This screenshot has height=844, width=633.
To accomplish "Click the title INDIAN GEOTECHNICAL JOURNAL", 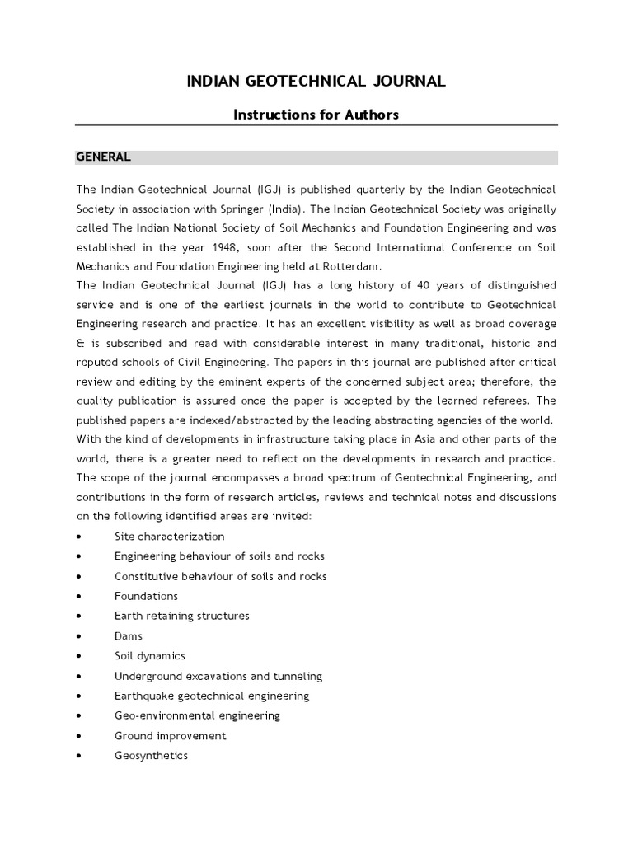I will [316, 81].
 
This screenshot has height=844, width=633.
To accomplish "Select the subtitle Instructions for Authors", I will [316, 115].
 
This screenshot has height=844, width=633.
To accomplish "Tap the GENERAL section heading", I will [103, 157].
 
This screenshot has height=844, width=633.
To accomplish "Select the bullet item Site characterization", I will [169, 537].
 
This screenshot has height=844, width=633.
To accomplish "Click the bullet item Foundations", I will [146, 596].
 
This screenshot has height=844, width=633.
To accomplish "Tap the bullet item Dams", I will [129, 636].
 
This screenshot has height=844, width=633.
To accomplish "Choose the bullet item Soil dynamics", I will [150, 656].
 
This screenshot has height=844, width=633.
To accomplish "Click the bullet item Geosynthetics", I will [151, 756].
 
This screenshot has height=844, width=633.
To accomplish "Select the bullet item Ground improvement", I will [170, 736].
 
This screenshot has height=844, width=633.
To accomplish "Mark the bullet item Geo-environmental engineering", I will [197, 715].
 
